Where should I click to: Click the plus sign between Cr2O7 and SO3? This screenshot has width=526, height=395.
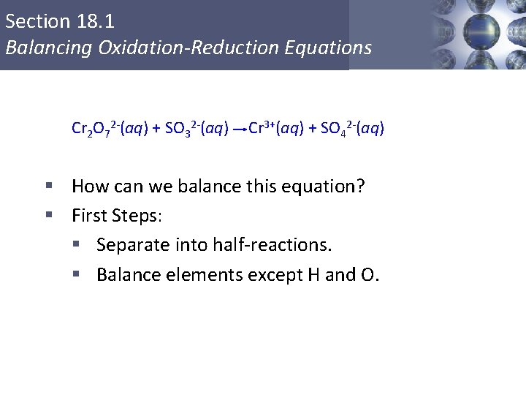(156, 129)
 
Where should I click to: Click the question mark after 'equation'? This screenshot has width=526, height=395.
(360, 186)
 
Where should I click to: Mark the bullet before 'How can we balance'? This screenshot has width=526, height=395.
(50, 186)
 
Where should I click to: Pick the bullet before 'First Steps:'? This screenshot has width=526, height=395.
(50, 215)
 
